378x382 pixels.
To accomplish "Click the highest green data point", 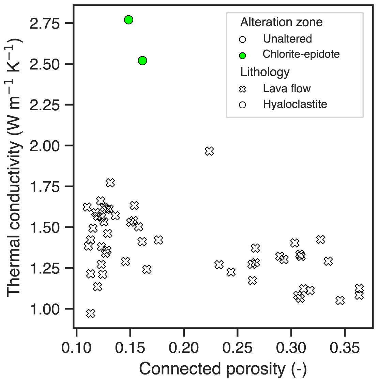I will (128, 20).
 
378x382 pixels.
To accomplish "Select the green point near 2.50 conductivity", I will (142, 61).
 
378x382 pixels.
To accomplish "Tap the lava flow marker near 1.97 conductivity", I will (209, 151).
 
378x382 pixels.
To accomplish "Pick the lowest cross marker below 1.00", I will (91, 314).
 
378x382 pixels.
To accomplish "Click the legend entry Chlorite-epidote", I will (301, 54).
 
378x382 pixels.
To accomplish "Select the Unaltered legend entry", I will (287, 39).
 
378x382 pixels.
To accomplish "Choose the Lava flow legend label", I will (287, 89).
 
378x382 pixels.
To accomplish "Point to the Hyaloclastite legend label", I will (295, 104).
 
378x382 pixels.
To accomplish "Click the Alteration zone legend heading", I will (281, 22).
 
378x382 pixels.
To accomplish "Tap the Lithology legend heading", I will (265, 72).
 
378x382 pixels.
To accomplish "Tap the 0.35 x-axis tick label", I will (345, 348).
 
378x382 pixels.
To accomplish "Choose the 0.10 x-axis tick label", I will (76, 348).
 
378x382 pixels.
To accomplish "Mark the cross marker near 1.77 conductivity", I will (110, 183).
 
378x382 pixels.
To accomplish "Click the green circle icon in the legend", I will (242, 55).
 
